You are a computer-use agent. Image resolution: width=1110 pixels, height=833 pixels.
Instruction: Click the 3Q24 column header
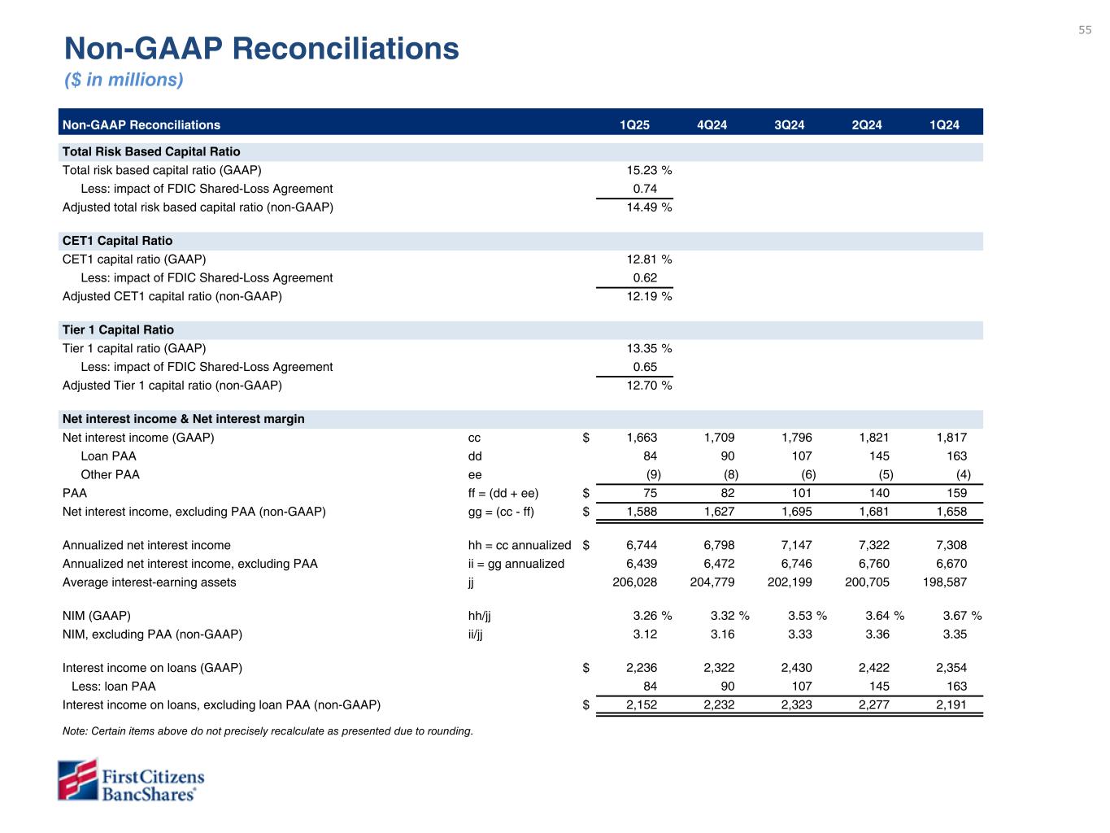789,124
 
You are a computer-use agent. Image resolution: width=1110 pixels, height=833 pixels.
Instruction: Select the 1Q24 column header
944,124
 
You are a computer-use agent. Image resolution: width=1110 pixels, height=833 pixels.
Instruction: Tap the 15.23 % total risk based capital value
647,170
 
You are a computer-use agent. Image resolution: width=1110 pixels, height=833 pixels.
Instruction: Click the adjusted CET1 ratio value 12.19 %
647,296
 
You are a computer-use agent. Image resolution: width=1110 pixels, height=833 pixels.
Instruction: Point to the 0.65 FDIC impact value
645,367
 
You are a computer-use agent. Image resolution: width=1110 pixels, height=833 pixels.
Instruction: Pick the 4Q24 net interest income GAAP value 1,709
719,438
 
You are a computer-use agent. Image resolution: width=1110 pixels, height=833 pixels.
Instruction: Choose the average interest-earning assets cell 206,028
634,582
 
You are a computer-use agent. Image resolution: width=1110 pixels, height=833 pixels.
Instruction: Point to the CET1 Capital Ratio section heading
117,241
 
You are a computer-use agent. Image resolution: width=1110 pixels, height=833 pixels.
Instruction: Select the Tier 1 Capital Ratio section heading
118,329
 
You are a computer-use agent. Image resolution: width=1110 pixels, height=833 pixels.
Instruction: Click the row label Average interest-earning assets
149,582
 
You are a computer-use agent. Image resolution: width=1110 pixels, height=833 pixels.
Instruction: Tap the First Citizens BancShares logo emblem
77,779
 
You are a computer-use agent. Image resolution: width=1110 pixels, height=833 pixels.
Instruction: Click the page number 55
1085,30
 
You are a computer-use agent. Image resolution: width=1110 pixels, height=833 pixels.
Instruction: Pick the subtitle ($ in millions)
124,80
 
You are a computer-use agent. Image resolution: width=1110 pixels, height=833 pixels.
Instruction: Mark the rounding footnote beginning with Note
268,731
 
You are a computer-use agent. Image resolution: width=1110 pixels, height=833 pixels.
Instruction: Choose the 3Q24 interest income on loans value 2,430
796,668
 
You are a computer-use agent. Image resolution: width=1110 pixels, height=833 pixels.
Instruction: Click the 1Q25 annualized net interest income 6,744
642,545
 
